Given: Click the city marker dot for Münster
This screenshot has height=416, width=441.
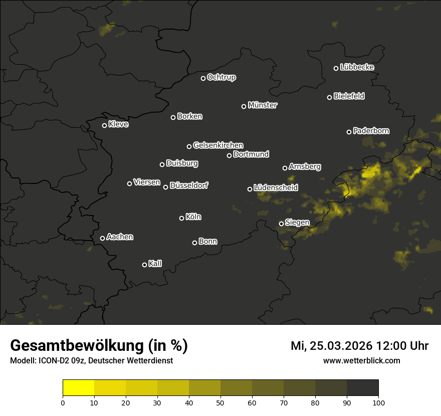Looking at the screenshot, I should [x=244, y=106].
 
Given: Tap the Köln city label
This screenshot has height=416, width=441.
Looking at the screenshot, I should [x=193, y=217].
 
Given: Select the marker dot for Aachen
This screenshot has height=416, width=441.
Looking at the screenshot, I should [x=103, y=238].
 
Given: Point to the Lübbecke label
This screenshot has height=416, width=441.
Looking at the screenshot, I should [x=357, y=67].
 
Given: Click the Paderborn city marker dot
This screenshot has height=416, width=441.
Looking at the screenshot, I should [x=349, y=132].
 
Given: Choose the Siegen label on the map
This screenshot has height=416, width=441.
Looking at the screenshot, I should [x=297, y=223].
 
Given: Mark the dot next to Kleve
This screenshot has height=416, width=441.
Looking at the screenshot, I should [x=105, y=125].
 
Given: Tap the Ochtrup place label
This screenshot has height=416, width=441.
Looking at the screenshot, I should [x=221, y=77].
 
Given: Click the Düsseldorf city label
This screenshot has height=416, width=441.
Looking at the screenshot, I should [x=188, y=185].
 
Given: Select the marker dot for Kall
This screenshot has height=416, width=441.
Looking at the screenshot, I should [x=145, y=265].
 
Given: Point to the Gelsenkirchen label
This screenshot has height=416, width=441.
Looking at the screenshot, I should [x=218, y=145].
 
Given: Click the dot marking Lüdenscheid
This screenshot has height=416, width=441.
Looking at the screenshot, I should [x=250, y=189].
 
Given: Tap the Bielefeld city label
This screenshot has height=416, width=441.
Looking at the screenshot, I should [x=349, y=96].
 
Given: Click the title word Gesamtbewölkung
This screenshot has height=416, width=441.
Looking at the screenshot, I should [x=76, y=346].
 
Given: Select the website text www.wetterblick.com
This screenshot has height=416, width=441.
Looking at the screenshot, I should [x=362, y=360].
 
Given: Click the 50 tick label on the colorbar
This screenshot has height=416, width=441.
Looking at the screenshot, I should [x=220, y=402].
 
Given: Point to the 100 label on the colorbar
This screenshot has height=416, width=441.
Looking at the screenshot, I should [x=378, y=402].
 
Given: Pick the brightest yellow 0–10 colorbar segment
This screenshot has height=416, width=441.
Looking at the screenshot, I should [x=78, y=388].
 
